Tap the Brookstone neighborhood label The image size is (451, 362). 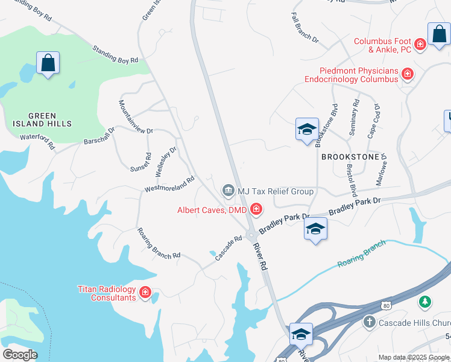pyautogui.click(x=350, y=156)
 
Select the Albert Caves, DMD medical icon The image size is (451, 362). pyautogui.click(x=256, y=210)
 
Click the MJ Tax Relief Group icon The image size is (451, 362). pyautogui.click(x=229, y=191)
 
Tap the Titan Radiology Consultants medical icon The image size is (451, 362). pyautogui.click(x=145, y=293)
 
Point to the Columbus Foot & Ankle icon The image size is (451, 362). pyautogui.click(x=421, y=44)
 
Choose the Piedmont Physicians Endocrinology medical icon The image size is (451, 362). pyautogui.click(x=408, y=74)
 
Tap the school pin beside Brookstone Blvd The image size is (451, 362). pyautogui.click(x=307, y=130)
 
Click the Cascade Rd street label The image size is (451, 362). pyautogui.click(x=229, y=247)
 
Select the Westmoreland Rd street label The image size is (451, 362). pyautogui.click(x=169, y=185)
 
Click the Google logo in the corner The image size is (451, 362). pyautogui.click(x=20, y=354)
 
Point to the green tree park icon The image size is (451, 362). pyautogui.click(x=425, y=301)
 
